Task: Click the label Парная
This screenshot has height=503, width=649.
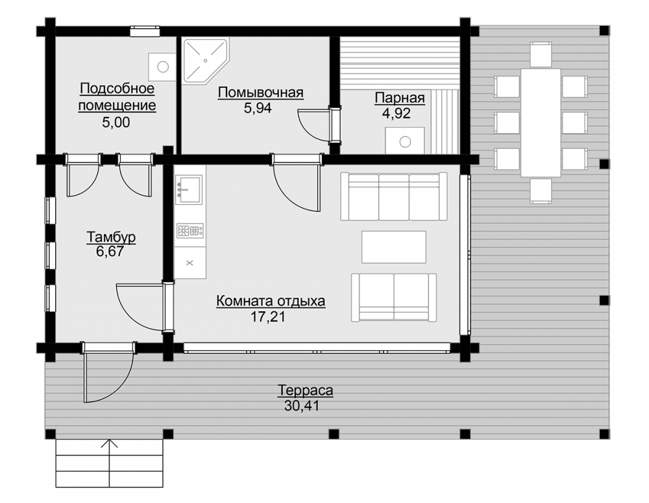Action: pos(400,99)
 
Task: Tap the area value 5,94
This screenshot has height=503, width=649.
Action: pos(258,108)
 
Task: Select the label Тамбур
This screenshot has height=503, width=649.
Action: pos(111,237)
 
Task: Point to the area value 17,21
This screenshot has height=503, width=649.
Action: pos(268,317)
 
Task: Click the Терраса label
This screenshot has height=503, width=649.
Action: pos(306,391)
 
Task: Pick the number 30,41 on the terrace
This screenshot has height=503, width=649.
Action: pos(302,406)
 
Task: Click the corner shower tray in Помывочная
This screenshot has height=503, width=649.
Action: pos(205,61)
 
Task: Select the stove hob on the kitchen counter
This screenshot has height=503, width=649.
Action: pos(190,231)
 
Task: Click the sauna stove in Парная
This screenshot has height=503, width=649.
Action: pos(405,140)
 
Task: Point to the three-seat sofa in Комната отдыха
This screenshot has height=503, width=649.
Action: pos(394,196)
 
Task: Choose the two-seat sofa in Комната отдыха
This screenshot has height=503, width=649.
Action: pos(394,297)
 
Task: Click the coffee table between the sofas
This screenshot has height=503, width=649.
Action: pos(394,246)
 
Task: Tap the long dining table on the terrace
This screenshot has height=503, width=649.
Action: pos(541,123)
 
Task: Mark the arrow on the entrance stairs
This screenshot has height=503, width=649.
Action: pos(110,463)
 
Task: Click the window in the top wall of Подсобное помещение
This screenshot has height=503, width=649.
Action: pos(145,31)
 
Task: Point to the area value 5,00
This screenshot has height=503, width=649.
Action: pos(116,122)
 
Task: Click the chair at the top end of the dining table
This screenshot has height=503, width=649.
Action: pos(541,53)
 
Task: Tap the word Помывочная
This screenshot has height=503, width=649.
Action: pos(261,92)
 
